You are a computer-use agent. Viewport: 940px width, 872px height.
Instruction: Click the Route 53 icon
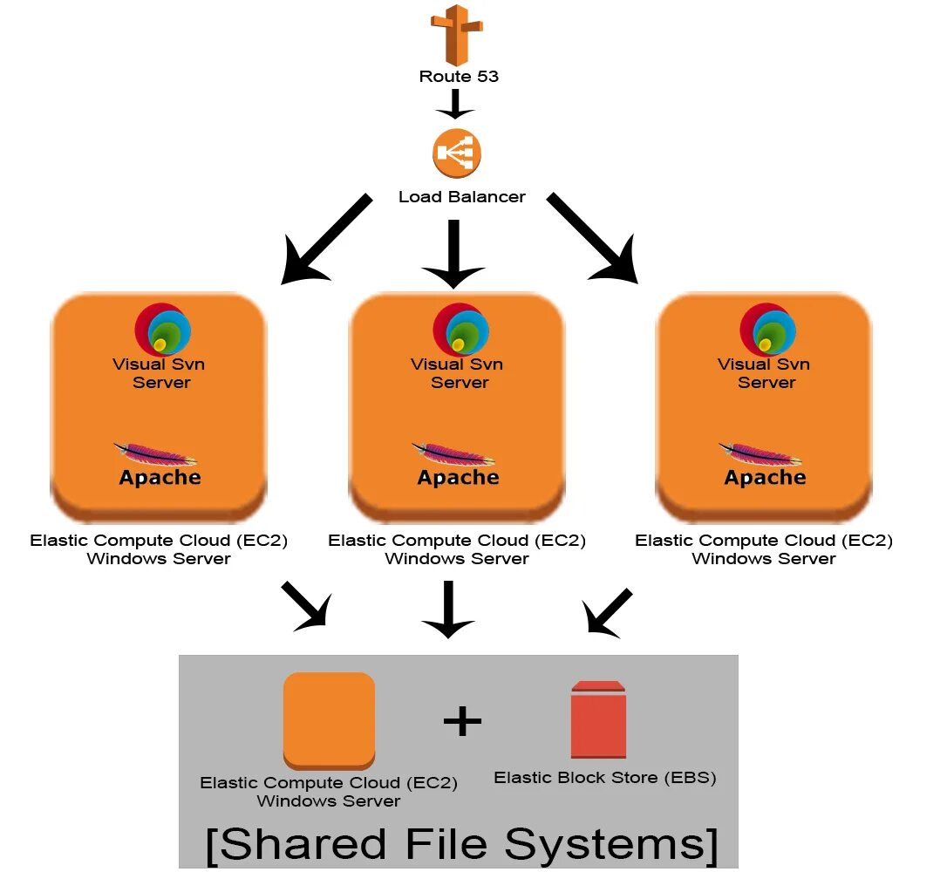point(456,34)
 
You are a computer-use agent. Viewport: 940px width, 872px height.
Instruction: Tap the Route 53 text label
point(459,76)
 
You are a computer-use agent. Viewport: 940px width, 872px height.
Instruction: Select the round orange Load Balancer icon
point(456,154)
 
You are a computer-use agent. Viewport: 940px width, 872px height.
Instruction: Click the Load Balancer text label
point(461,197)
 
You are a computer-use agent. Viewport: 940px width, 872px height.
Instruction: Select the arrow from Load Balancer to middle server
point(453,253)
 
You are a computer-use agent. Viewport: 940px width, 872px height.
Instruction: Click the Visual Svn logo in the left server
point(162,330)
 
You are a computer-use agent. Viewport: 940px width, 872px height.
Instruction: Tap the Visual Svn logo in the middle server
point(460,330)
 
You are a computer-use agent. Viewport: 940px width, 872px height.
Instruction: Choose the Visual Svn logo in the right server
point(767,330)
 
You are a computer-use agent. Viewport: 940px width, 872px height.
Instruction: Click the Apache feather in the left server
point(155,454)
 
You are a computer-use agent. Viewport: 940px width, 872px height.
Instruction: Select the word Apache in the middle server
point(458,478)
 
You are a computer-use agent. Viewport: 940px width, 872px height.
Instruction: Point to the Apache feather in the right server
point(761,454)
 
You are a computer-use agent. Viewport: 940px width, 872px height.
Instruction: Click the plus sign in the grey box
point(462,721)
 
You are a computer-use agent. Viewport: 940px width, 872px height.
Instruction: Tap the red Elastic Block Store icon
point(598,719)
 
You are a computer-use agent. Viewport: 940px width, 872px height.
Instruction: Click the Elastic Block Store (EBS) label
point(604,778)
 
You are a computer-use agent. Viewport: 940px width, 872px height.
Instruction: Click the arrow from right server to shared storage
point(609,610)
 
